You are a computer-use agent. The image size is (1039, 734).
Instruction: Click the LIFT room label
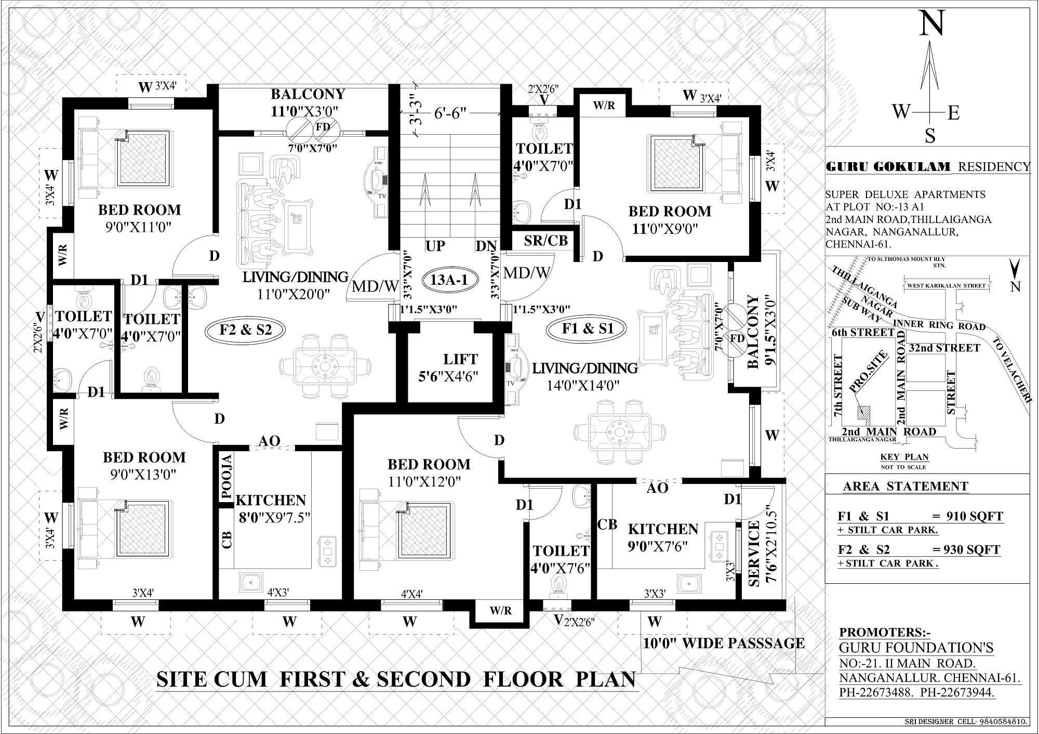point(460,359)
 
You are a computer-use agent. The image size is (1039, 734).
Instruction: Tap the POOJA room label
point(227,477)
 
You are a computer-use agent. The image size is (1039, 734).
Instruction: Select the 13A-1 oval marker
point(449,280)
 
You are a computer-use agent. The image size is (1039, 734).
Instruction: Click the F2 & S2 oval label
point(245,330)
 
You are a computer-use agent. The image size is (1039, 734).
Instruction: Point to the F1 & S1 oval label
point(588,329)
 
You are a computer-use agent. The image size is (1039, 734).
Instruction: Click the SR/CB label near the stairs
point(545,241)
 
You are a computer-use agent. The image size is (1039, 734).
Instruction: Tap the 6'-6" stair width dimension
point(450,113)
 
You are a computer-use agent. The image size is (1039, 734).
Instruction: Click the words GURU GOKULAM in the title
point(888,167)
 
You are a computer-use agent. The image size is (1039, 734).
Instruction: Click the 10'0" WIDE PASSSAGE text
point(724,644)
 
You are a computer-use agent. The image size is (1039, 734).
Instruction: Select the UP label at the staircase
point(435,246)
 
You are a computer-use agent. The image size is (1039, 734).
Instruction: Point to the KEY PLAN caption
point(905,457)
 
